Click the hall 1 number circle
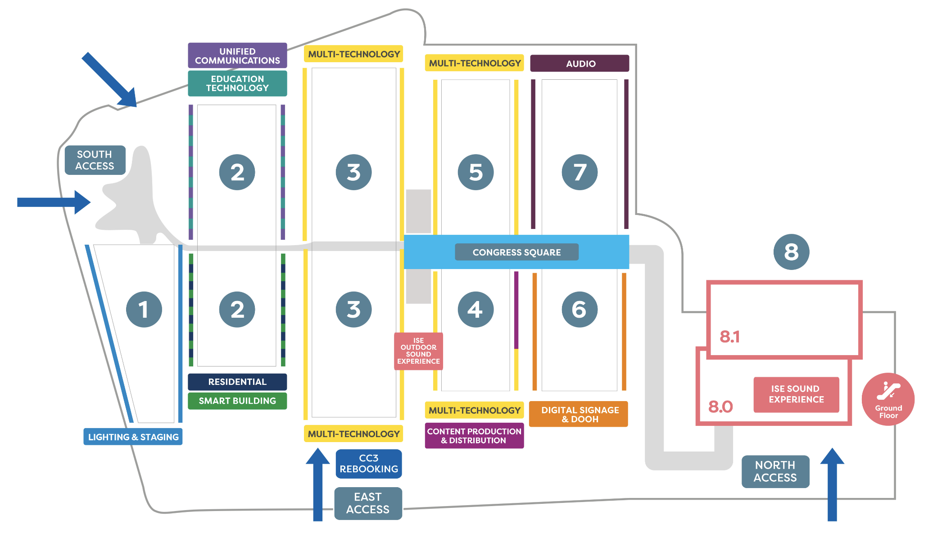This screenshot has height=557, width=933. pos(144,309)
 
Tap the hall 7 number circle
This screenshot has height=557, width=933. pos(580,172)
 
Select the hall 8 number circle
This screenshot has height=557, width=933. pos(791,252)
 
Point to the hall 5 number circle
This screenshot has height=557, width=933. pos(476,172)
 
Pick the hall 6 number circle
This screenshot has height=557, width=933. pos(580,309)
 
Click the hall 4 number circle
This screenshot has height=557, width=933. pos(476,309)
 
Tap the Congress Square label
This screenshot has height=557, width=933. pos(516,252)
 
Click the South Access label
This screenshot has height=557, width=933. pos(95,160)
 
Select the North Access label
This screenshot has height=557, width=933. pos(775,471)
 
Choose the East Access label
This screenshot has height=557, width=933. pos(368,503)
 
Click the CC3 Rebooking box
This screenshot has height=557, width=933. pos(369,464)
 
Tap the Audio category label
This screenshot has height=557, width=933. pos(580,64)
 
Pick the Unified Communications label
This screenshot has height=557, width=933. pos(237,55)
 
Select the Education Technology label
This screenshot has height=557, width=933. pos(237,83)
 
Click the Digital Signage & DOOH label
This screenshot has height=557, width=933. pos(579,414)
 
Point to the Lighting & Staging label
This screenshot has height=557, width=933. pos(133,437)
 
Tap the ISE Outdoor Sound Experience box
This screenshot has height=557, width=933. pos(418,351)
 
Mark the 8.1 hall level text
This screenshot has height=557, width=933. pos(729,337)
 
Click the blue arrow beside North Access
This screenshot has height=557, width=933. pos(832,484)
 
